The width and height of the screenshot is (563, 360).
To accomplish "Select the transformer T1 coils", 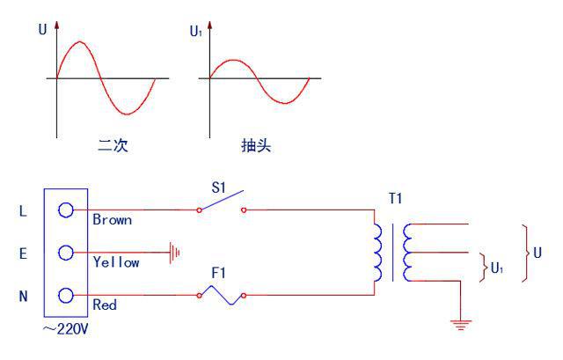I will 391,252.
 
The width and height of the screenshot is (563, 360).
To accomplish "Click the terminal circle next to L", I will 65,211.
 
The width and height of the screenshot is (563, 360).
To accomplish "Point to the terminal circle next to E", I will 65,253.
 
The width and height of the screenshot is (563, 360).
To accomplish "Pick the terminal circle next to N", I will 65,296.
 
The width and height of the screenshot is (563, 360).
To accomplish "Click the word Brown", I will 112,220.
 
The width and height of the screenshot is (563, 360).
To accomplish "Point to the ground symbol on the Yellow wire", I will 176,253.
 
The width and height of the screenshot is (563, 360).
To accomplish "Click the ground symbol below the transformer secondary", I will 460,324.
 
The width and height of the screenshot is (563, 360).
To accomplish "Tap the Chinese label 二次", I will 113,145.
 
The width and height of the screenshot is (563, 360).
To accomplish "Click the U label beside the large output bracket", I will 537,252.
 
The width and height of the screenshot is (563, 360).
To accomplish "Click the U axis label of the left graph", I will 42,29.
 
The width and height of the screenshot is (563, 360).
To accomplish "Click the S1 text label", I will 217,186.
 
